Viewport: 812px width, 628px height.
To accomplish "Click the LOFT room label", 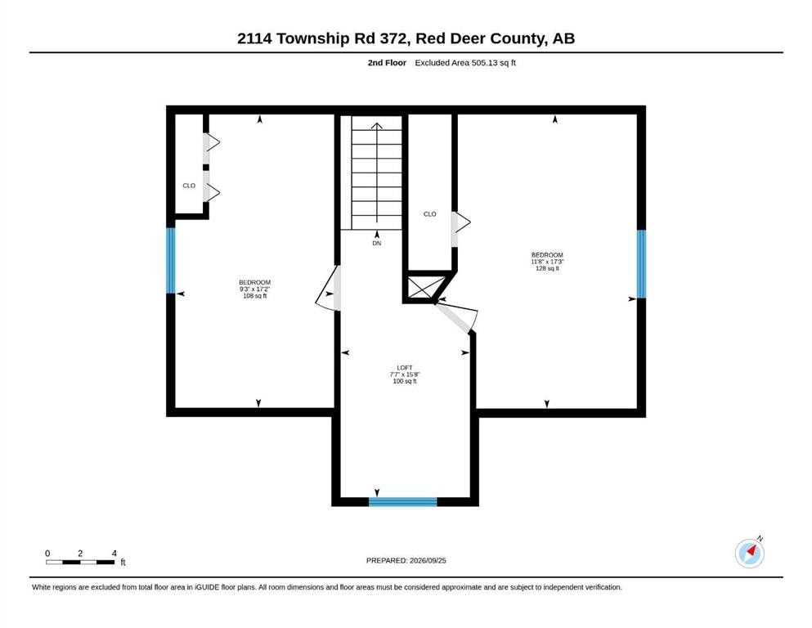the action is click(405, 368).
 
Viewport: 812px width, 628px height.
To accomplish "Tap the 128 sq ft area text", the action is click(547, 268).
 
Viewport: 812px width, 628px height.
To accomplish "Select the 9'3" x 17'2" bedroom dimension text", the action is click(255, 289).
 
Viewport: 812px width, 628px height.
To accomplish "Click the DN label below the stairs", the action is click(376, 243).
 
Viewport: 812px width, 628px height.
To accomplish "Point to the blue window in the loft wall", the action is click(403, 501).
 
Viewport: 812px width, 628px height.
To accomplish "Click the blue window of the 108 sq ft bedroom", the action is click(171, 260).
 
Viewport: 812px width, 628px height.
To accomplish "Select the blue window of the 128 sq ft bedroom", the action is click(641, 264).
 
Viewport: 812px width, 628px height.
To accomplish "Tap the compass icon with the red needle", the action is click(749, 553).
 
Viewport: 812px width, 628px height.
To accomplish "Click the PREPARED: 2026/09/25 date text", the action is click(406, 560).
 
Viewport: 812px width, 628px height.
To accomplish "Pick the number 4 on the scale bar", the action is click(114, 553).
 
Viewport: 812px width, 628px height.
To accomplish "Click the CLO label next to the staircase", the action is click(430, 213).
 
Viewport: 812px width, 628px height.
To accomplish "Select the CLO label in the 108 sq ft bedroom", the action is click(189, 186).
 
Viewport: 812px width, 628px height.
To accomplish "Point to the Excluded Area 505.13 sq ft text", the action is click(465, 63).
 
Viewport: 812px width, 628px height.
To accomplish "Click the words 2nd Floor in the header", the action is click(387, 63).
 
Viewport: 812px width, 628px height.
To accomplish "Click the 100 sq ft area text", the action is click(405, 381).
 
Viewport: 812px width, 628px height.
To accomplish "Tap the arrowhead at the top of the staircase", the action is click(376, 126).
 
